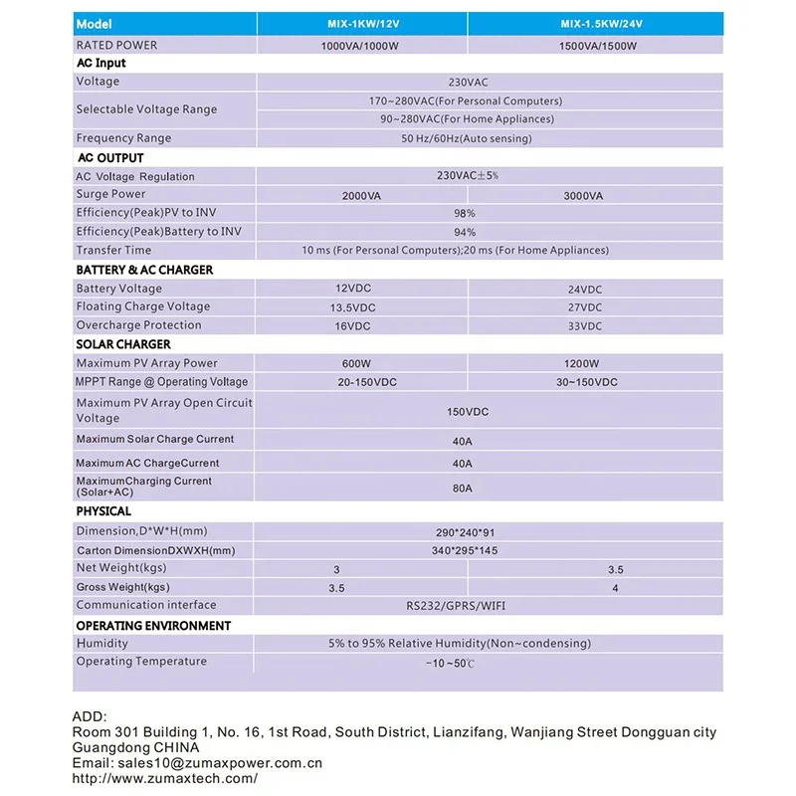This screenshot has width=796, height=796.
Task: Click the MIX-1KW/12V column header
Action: (x=361, y=23)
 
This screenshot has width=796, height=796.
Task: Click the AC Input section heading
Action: (x=101, y=63)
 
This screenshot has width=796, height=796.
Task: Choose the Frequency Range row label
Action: (x=123, y=138)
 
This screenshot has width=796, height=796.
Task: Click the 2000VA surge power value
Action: (x=361, y=196)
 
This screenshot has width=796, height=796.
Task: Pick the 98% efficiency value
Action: (x=465, y=214)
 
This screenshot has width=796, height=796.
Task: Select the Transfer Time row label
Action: (x=113, y=251)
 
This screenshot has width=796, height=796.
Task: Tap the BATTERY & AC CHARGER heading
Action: (x=144, y=270)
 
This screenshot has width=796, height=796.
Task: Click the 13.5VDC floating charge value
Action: (x=352, y=308)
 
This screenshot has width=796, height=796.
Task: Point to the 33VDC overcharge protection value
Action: (x=584, y=326)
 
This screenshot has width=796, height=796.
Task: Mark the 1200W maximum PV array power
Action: (x=581, y=364)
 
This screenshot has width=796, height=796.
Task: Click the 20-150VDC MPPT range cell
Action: (x=359, y=383)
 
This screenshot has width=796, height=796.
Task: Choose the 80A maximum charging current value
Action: (x=463, y=489)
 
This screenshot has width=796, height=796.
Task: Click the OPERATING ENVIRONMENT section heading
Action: (x=153, y=626)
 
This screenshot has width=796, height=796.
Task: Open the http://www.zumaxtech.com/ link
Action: (x=165, y=778)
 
